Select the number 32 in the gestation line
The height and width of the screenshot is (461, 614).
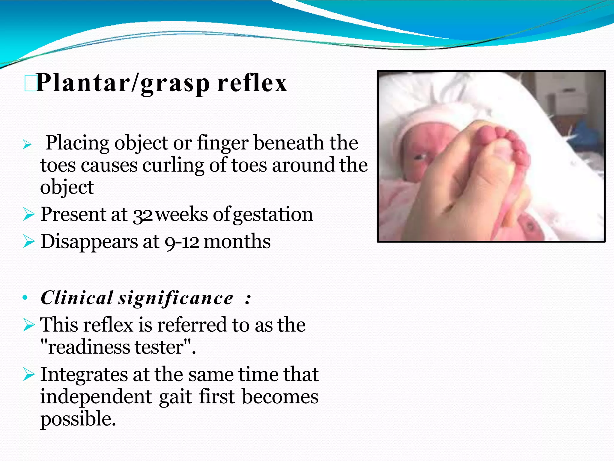coord(143,215)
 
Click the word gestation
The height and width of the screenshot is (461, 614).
coord(273,215)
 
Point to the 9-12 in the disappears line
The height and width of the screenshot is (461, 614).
coord(182,242)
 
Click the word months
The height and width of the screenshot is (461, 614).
coord(237,242)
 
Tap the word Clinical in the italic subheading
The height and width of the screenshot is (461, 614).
coord(77,298)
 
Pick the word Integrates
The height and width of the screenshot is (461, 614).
coord(84,375)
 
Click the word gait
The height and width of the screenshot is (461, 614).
coord(175,396)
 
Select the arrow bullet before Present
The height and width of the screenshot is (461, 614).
coord(29,215)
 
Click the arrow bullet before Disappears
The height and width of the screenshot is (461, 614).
coord(29,242)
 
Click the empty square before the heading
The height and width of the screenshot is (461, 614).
coord(30,83)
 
